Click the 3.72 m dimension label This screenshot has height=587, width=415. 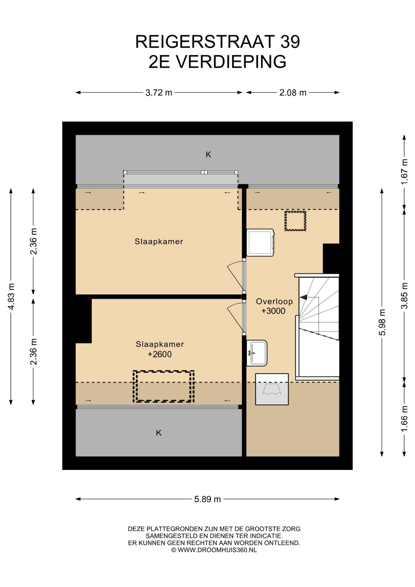pos(159,92)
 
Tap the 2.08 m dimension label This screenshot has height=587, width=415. pos(293,92)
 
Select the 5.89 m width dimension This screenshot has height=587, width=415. pos(208,499)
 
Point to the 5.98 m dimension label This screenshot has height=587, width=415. pos(382,322)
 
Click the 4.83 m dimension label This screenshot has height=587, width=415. pos(11,296)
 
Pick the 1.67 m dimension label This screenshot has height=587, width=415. pos(404,172)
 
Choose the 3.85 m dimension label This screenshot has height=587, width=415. pos(404,296)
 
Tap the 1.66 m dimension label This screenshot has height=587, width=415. pos(404,419)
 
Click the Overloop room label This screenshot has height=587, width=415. pos(274,301)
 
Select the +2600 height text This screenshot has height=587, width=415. pos(160,354)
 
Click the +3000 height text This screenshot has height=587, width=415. pos(274,311)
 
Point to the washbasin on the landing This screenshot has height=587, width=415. pos(257,353)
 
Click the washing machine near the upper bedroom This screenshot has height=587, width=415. pos(260,242)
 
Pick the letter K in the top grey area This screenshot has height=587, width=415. pos(208,155)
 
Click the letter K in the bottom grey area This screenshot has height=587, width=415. pos(159,433)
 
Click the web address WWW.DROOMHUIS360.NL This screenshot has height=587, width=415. pos(217,550)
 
